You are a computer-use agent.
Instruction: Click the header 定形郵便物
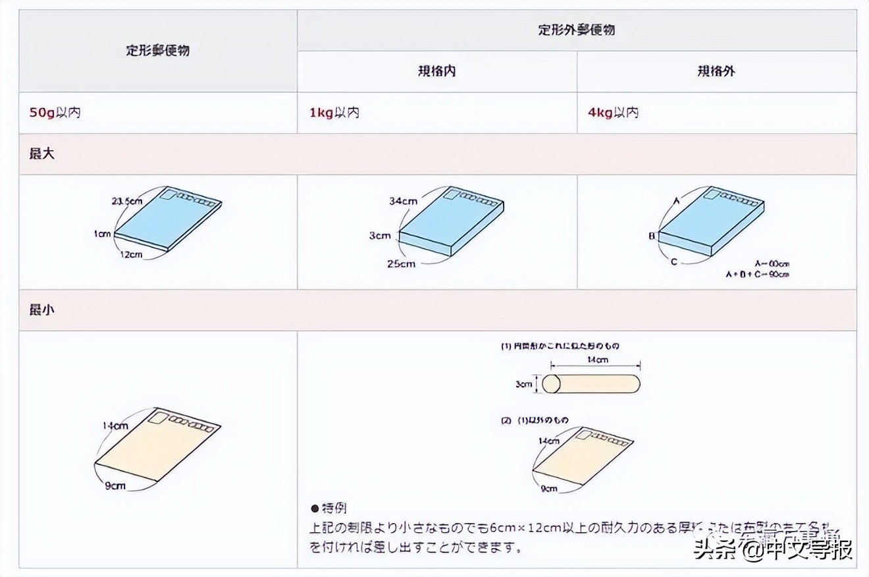157,50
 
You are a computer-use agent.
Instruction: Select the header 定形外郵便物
577,30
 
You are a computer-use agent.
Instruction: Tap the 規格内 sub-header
436,71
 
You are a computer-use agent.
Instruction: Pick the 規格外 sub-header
716,71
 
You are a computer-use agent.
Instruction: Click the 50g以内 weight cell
55,113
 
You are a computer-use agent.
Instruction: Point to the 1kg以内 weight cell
334,113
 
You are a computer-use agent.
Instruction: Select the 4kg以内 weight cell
613,113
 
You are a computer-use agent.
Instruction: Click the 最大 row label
42,154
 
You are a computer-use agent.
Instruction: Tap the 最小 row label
42,310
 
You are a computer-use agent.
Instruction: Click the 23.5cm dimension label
126,202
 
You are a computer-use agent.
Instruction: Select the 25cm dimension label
401,264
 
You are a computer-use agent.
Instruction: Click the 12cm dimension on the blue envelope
131,254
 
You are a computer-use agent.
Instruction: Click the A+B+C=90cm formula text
757,274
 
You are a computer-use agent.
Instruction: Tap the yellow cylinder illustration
591,384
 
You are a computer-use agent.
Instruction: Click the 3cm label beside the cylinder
523,384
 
